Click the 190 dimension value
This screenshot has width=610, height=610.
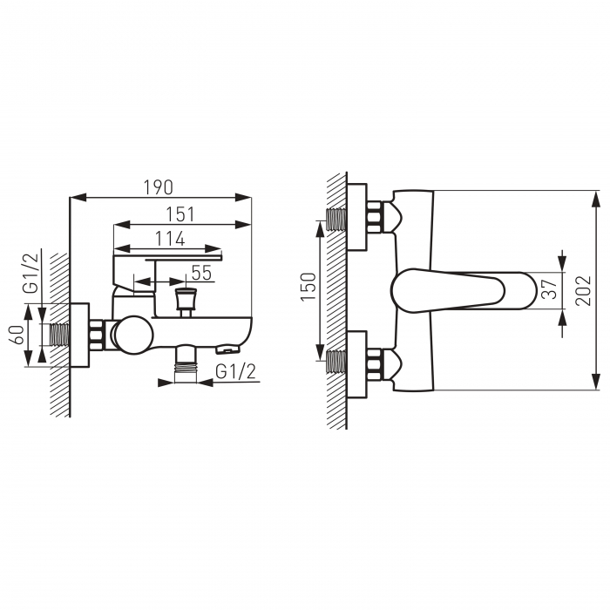tap(159, 187)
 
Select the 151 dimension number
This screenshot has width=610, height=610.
tap(180, 214)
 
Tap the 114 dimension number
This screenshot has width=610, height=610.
tap(170, 239)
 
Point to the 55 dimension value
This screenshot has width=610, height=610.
tap(201, 273)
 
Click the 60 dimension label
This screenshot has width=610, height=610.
tap(18, 335)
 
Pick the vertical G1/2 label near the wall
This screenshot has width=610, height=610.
tap(31, 273)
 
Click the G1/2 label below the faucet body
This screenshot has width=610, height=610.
tap(236, 371)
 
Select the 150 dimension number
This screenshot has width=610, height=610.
tap(308, 287)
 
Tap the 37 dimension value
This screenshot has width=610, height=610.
tap(550, 288)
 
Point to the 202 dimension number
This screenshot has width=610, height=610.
tap(583, 290)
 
